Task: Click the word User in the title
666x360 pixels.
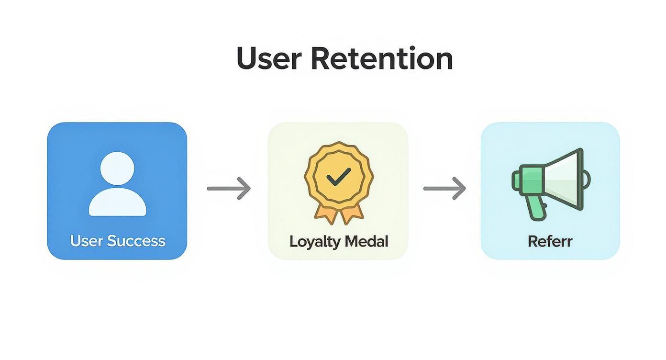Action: (x=268, y=59)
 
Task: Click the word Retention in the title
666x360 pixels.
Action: (x=381, y=59)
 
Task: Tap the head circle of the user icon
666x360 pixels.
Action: (x=117, y=169)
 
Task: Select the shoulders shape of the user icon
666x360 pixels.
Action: (x=117, y=203)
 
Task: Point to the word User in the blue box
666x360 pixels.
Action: (x=86, y=240)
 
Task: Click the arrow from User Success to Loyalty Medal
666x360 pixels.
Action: (x=228, y=188)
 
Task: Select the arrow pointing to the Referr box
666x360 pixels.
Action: (x=444, y=188)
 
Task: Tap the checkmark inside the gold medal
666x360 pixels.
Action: (x=338, y=178)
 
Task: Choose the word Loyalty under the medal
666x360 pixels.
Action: (x=313, y=241)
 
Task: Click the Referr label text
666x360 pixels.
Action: (x=550, y=241)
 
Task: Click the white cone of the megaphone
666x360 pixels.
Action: (x=565, y=180)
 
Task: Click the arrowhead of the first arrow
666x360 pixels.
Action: (x=245, y=188)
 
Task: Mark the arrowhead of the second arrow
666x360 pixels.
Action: (x=461, y=188)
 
